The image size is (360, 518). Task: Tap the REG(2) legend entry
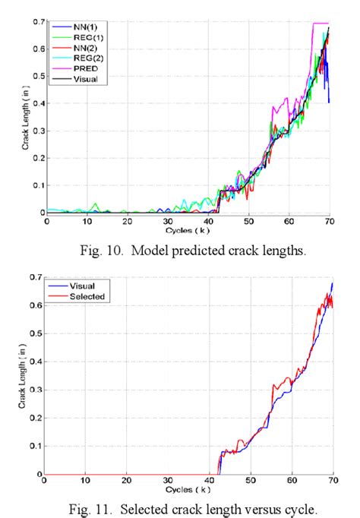(80, 58)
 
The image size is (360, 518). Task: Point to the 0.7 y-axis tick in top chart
(39, 22)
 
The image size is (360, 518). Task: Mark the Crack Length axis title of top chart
(27, 118)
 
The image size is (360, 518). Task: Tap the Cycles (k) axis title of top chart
(188, 229)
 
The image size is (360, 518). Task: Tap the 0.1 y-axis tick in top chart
(39, 185)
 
